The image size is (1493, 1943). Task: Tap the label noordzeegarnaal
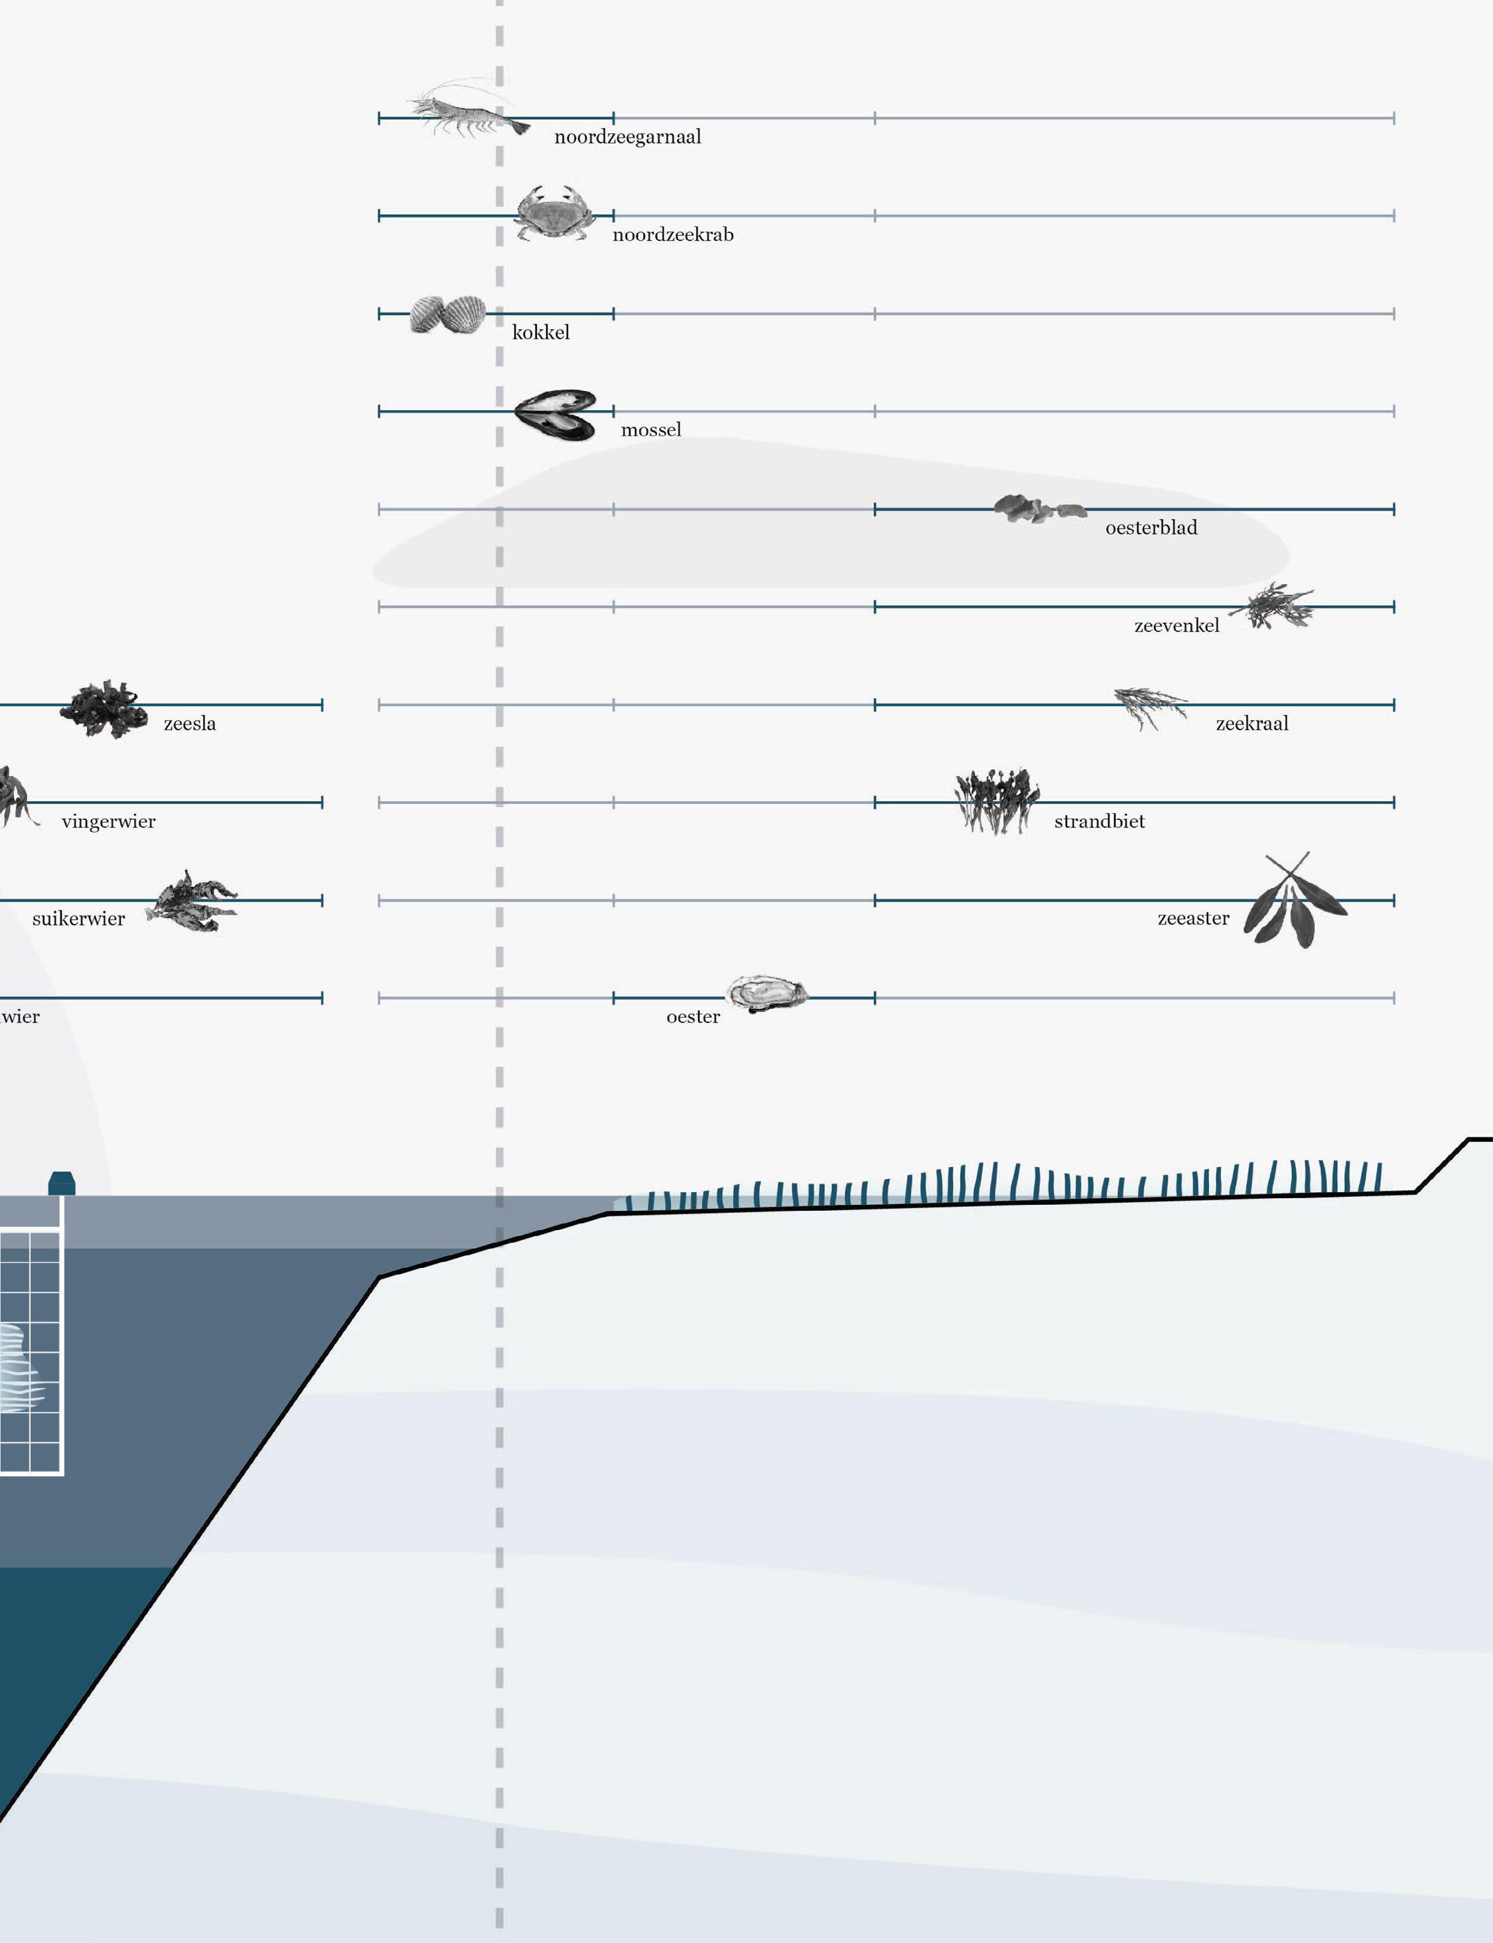pyautogui.click(x=628, y=137)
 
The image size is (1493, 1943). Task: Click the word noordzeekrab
pyautogui.click(x=673, y=234)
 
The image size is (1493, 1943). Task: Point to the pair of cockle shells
pyautogui.click(x=448, y=314)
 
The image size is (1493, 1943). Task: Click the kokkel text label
pyautogui.click(x=540, y=333)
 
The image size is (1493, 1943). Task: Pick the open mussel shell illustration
pyautogui.click(x=556, y=414)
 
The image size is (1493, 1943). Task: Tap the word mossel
pyautogui.click(x=650, y=430)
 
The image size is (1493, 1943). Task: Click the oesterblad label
pyautogui.click(x=1151, y=528)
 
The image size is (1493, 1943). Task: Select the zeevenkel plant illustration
pyautogui.click(x=1275, y=606)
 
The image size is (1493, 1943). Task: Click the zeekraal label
pyautogui.click(x=1251, y=724)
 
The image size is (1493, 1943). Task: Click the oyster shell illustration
pyautogui.click(x=766, y=994)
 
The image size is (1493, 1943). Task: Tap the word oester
pyautogui.click(x=693, y=1017)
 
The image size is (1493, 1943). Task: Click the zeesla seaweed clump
pyautogui.click(x=104, y=708)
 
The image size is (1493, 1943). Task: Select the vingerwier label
pyautogui.click(x=108, y=821)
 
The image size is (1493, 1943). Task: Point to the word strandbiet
pyautogui.click(x=1100, y=821)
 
